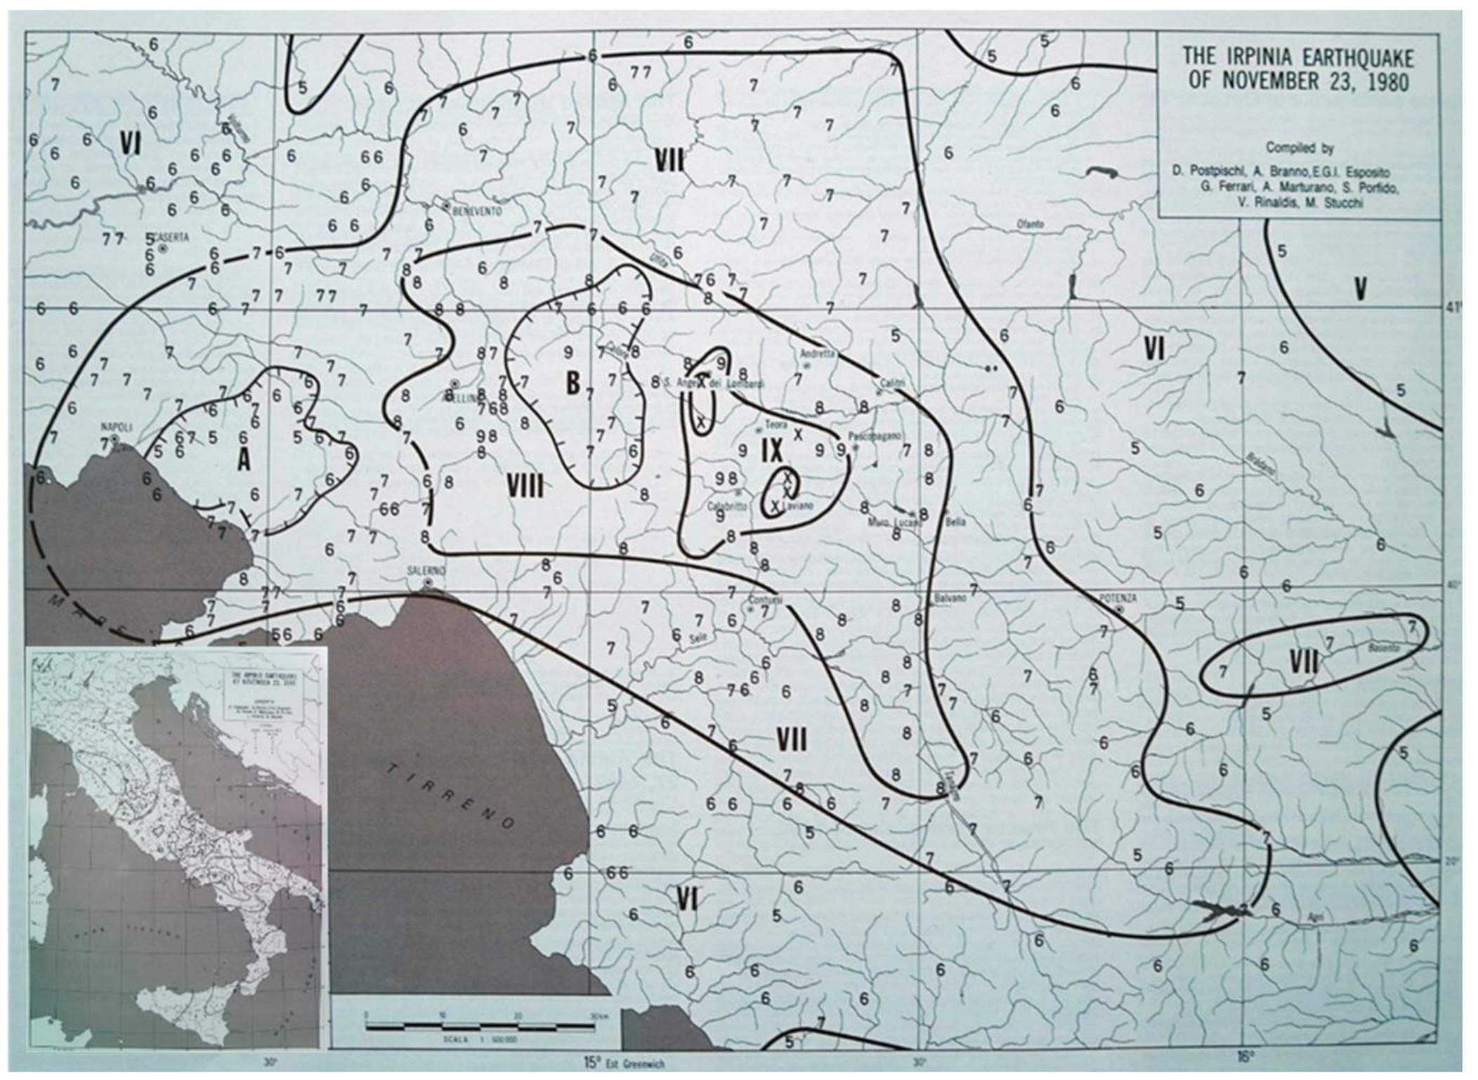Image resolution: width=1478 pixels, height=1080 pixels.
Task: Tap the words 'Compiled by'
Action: tap(1299, 148)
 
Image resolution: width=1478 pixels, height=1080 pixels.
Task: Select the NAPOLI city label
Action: tap(117, 426)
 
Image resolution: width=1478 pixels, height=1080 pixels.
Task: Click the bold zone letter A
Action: tap(244, 460)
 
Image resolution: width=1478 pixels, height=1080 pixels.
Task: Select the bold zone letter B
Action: tap(573, 383)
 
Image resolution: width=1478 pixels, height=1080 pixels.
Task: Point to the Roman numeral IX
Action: tap(771, 452)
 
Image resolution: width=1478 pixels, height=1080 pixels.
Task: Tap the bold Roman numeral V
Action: tap(1361, 289)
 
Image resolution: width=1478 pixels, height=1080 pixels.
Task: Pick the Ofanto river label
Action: tap(1031, 224)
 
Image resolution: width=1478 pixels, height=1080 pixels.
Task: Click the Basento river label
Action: tap(1383, 648)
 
